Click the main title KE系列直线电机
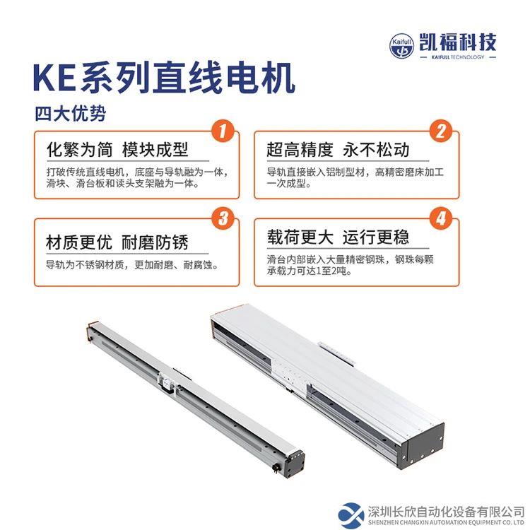163,79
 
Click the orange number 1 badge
223,131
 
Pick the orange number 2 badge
442,131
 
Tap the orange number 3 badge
223,218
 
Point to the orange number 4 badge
442,218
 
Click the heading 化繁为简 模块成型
117,150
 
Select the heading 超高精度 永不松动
338,150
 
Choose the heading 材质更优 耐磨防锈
117,242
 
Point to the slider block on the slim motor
167,382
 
